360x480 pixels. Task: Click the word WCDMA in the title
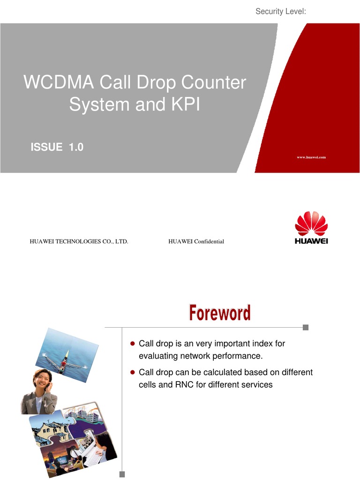tap(53, 83)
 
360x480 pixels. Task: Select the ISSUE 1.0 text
tap(57, 147)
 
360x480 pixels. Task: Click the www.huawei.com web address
tap(311, 157)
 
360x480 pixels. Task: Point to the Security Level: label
tap(280, 11)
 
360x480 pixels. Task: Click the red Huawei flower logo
tap(311, 224)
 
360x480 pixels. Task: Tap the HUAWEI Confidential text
tap(196, 241)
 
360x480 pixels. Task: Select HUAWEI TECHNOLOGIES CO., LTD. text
tap(79, 241)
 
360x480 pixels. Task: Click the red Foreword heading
tap(219, 313)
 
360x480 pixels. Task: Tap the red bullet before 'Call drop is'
tap(132, 344)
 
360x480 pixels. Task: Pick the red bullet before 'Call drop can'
tap(132, 372)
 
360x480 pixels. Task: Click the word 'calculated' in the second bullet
tap(219, 372)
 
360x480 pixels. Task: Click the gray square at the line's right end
tap(306, 327)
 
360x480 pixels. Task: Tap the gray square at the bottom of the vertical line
tap(122, 474)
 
